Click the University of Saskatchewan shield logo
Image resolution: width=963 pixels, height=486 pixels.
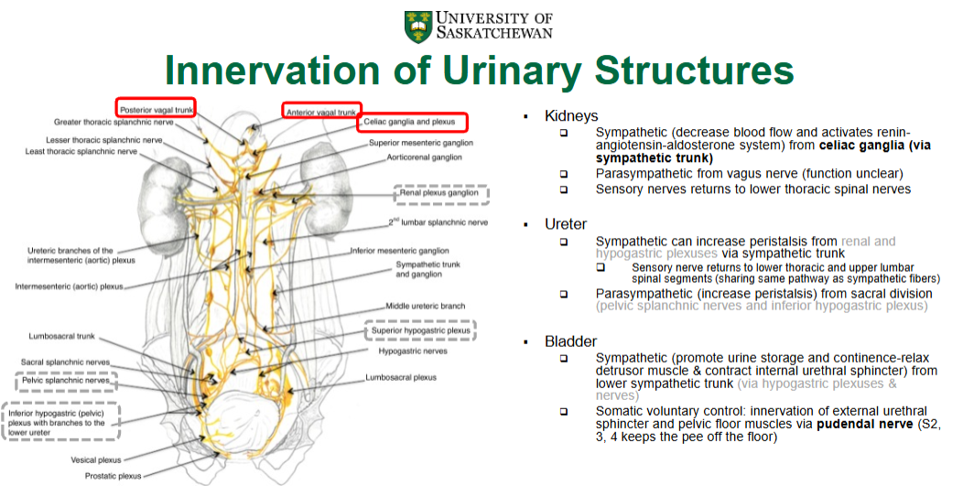coord(418,26)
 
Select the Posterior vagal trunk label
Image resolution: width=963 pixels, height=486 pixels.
coord(156,109)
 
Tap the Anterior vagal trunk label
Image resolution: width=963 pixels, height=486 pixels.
coord(320,112)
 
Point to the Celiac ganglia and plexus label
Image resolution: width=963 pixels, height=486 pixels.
coord(414,122)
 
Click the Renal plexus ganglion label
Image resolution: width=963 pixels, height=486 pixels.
coord(443,194)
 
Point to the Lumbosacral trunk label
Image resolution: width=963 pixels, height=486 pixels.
coord(61,337)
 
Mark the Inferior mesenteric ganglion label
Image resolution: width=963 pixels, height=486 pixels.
coord(401,251)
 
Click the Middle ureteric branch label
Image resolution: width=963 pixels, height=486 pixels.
coord(426,307)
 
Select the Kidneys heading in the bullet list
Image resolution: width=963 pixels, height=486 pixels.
coord(571,116)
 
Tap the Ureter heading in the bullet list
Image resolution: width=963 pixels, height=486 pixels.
coord(566,224)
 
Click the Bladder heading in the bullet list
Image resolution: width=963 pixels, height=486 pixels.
coord(571,342)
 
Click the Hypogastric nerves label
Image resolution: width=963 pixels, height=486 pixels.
coord(413,351)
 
